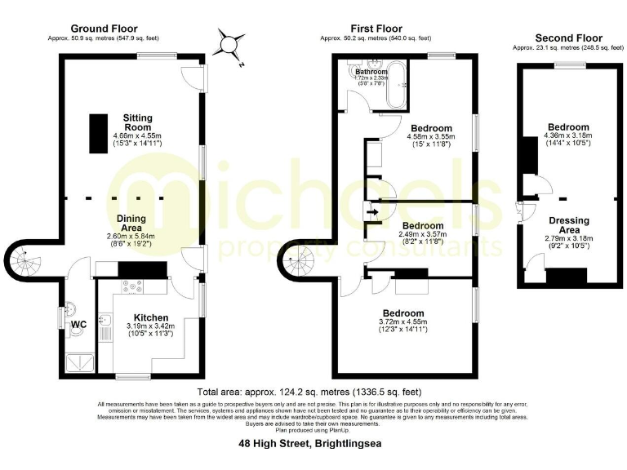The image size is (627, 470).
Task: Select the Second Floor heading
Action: pyautogui.click(x=568, y=38)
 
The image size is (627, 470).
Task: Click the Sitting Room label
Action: pyautogui.click(x=137, y=118)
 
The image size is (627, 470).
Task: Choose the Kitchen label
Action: pyautogui.click(x=151, y=318)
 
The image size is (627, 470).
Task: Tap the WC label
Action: pyautogui.click(x=79, y=325)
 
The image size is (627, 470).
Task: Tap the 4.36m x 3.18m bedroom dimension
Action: pyautogui.click(x=568, y=136)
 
